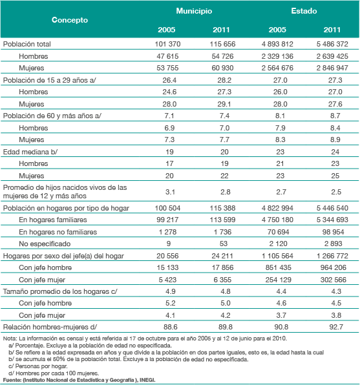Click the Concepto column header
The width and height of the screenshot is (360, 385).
tap(70, 20)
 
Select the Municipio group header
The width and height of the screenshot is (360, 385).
tap(194, 11)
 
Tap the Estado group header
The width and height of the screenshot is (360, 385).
tap(304, 11)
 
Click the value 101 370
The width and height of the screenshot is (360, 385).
tap(167, 44)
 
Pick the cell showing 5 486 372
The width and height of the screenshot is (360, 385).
tap(332, 44)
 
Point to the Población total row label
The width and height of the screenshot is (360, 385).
tap(26, 44)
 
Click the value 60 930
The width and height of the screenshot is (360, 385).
tap(222, 68)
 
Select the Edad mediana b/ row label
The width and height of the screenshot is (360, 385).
tap(30, 152)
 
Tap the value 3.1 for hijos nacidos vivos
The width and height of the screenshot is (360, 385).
tap(170, 192)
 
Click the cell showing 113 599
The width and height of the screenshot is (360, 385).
tap(222, 220)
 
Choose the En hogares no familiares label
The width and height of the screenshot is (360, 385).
tap(58, 232)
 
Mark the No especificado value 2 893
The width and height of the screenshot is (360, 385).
tap(334, 244)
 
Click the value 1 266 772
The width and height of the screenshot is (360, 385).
tap(332, 256)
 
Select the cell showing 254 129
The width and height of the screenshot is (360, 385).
tap(278, 280)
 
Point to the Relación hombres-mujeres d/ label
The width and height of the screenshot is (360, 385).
tap(50, 327)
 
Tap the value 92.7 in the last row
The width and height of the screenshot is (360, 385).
tap(336, 327)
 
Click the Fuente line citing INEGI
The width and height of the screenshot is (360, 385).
tap(79, 380)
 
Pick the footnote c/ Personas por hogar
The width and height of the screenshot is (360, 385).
tap(38, 366)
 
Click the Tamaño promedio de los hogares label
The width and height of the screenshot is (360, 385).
tap(60, 291)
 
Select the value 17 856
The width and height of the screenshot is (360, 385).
tap(222, 267)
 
